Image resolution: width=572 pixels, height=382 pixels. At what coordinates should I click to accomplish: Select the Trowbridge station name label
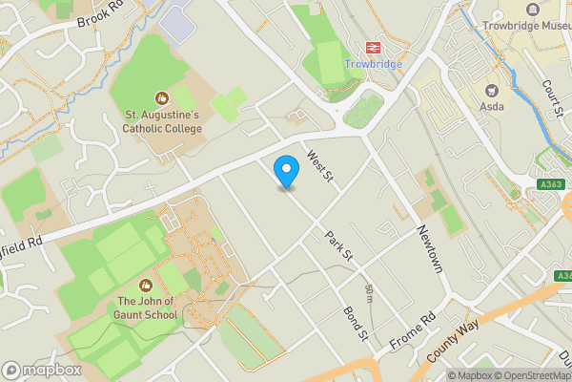pyautogui.click(x=374, y=64)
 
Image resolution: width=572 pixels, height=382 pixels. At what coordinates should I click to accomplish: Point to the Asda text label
pyautogui.click(x=493, y=106)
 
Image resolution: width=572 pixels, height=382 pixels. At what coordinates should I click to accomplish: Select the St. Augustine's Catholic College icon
pyautogui.click(x=161, y=96)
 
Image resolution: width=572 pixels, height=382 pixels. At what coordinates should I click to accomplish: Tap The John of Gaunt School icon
pyautogui.click(x=146, y=285)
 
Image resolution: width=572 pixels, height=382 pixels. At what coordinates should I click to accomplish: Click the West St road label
pyautogui.click(x=318, y=165)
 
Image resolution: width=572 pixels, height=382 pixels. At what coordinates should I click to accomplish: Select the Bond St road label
pyautogui.click(x=357, y=321)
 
